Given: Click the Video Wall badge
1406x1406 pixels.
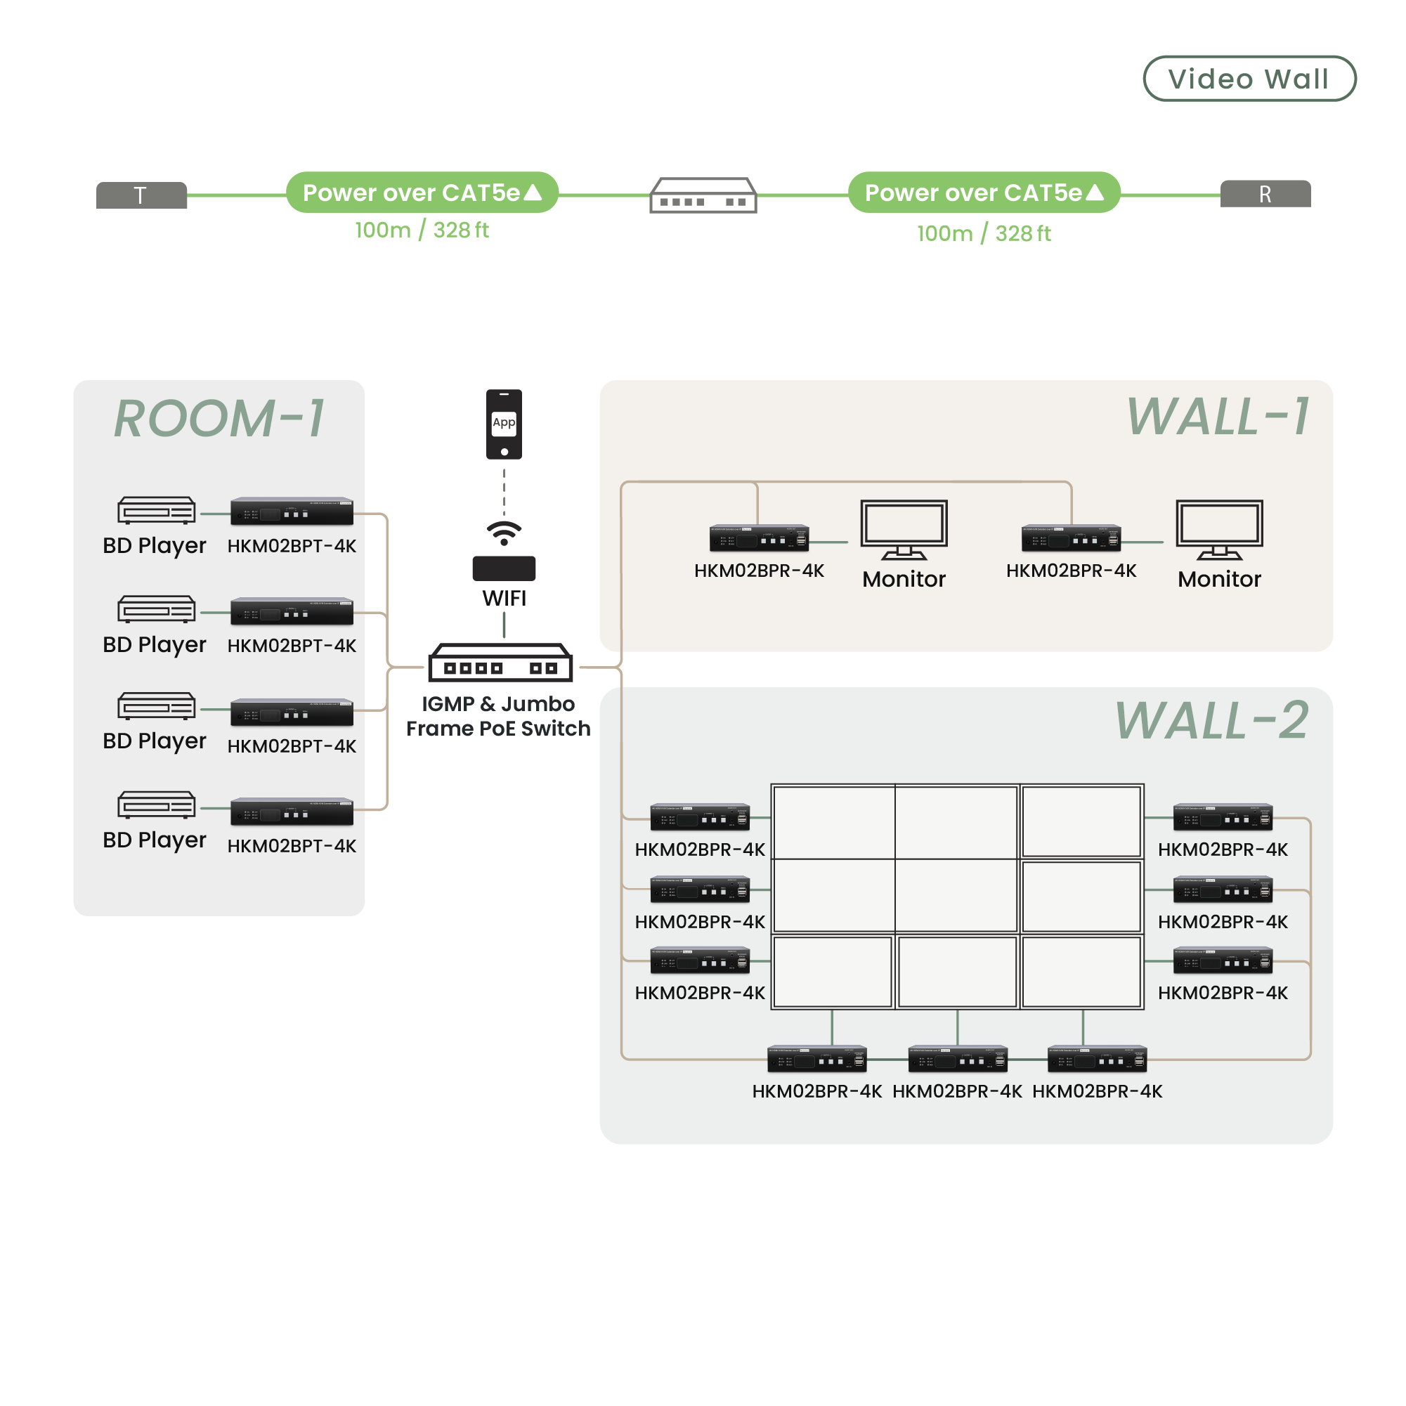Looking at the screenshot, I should click(1249, 79).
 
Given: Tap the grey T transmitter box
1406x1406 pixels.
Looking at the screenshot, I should click(141, 195).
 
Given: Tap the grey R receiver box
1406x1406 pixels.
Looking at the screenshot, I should click(1265, 195).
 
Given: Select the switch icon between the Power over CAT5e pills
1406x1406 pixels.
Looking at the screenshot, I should click(703, 195).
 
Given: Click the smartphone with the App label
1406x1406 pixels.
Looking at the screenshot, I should click(504, 424).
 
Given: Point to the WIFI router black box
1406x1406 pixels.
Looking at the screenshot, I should click(504, 568).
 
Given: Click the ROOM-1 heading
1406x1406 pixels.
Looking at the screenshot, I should click(219, 419).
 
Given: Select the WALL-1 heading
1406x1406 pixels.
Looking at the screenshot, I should click(1218, 417).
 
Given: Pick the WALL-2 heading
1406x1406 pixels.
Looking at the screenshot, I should click(1211, 721).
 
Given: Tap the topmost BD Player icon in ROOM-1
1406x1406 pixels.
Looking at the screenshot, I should click(157, 510).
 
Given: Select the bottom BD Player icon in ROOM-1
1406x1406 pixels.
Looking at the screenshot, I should click(157, 805).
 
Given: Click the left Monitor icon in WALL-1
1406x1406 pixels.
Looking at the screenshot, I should click(904, 529).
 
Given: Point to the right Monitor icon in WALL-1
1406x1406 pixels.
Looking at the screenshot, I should click(1219, 529).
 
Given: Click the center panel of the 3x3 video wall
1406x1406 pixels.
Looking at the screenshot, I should click(956, 895).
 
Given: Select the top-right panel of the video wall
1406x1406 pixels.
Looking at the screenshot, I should click(1081, 821).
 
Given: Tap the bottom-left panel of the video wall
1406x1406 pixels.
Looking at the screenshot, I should click(833, 972).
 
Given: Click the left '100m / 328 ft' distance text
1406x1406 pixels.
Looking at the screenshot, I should click(422, 230).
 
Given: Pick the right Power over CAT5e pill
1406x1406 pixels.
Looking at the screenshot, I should click(984, 193).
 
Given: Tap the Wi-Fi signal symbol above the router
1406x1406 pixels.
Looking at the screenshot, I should click(504, 533).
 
